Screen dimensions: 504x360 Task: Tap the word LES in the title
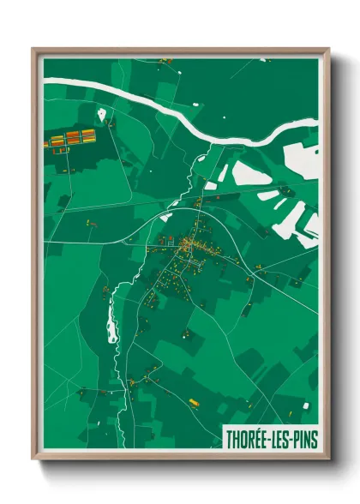[280, 437]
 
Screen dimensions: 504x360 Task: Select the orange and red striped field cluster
[73, 138]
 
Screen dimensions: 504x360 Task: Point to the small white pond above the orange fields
[101, 113]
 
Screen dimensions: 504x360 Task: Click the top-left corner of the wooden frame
[33, 49]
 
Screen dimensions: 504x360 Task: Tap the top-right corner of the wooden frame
[328, 49]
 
